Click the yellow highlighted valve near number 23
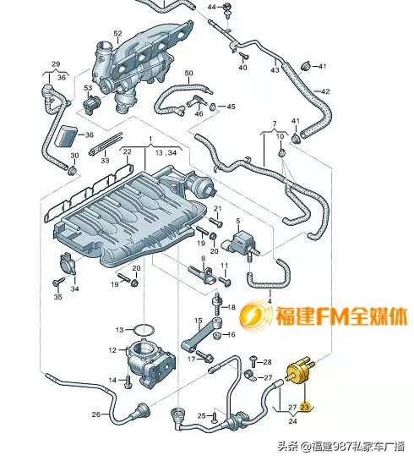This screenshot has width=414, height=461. (300, 371)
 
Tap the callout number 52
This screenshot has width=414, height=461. (118, 33)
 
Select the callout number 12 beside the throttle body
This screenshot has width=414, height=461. (112, 349)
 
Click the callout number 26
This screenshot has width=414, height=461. (95, 414)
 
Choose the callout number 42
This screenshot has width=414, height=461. (325, 91)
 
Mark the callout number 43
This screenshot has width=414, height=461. (275, 70)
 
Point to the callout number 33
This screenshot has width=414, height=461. (105, 160)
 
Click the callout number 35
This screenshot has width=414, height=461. (58, 297)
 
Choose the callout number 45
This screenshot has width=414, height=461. (232, 107)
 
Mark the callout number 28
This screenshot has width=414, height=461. (267, 362)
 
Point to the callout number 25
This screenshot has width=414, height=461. (200, 414)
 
